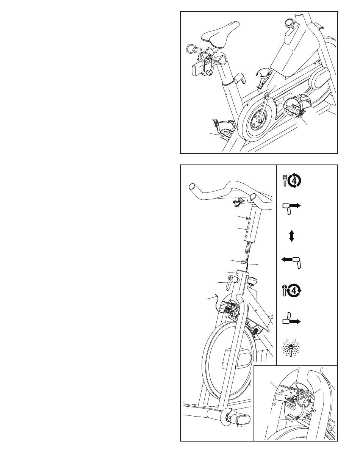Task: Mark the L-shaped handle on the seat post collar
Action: pyautogui.click(x=238, y=79)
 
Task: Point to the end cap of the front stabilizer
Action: pyautogui.click(x=241, y=419)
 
